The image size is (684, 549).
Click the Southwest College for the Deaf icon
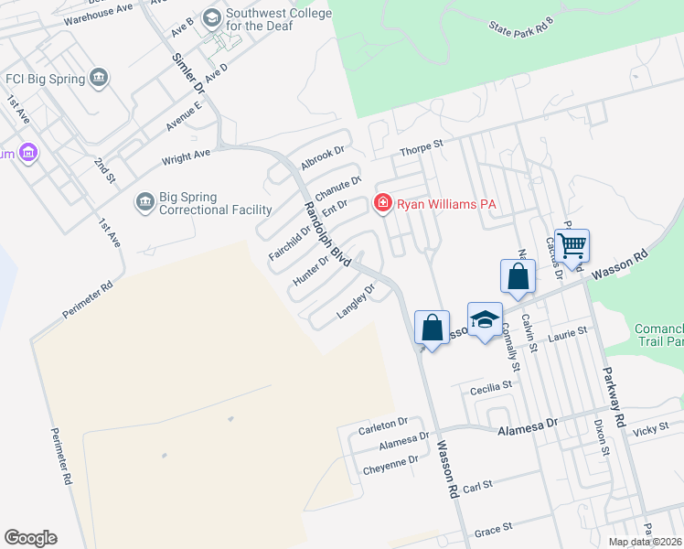coord(212,17)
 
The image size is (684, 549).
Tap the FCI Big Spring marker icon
coord(100,78)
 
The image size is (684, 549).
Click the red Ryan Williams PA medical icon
coord(382,204)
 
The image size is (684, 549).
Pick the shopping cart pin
coord(572,245)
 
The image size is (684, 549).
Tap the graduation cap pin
coord(485,319)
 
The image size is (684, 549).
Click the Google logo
coord(30,538)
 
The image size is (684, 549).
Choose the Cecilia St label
coord(490,388)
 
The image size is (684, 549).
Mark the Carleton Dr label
coord(382,425)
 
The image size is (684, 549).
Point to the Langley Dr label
coord(357,301)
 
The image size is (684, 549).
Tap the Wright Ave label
coord(186,158)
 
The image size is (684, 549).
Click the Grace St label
coord(493,532)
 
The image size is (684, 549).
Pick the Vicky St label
coord(651,428)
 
